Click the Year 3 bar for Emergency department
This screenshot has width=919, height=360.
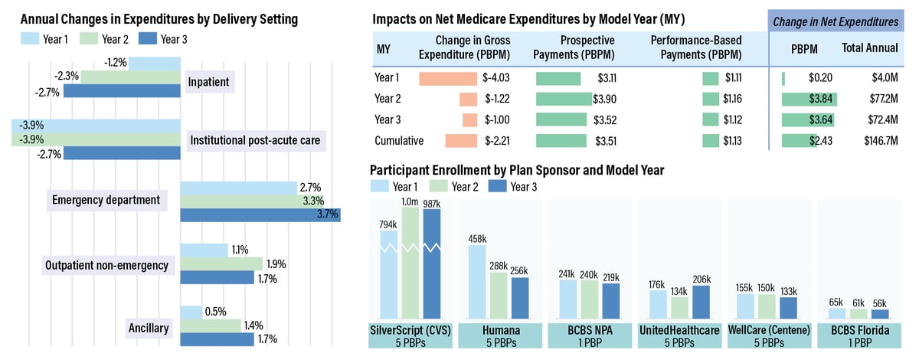tap(260, 214)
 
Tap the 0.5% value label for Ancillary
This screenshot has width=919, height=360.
tap(214, 311)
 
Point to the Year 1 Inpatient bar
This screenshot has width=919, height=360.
tap(154, 62)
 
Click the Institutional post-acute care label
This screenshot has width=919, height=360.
tap(255, 140)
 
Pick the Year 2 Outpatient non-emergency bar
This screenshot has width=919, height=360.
tap(223, 263)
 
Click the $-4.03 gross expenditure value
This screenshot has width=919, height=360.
tap(496, 77)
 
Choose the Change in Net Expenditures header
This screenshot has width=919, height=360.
tap(836, 22)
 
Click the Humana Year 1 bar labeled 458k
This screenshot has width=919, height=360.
tap(476, 282)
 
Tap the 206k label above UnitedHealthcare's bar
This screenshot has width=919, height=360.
tap(700, 280)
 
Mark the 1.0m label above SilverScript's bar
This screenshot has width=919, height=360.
tap(410, 201)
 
